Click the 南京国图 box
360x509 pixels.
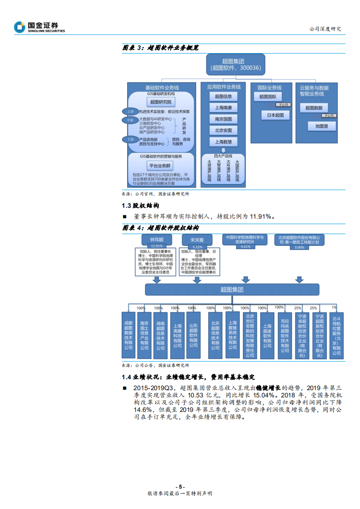pos(223,119)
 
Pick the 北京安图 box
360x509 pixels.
pos(223,130)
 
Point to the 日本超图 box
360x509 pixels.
pos(275,115)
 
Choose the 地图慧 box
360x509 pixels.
pos(322,126)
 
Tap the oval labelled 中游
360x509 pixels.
pos(130,120)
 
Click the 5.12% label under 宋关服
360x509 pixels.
pos(197,246)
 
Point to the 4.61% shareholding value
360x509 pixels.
pos(246,246)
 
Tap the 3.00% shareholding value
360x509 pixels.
pos(300,247)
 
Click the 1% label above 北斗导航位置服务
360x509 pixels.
pos(334,308)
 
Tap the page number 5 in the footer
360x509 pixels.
pos(180,486)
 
